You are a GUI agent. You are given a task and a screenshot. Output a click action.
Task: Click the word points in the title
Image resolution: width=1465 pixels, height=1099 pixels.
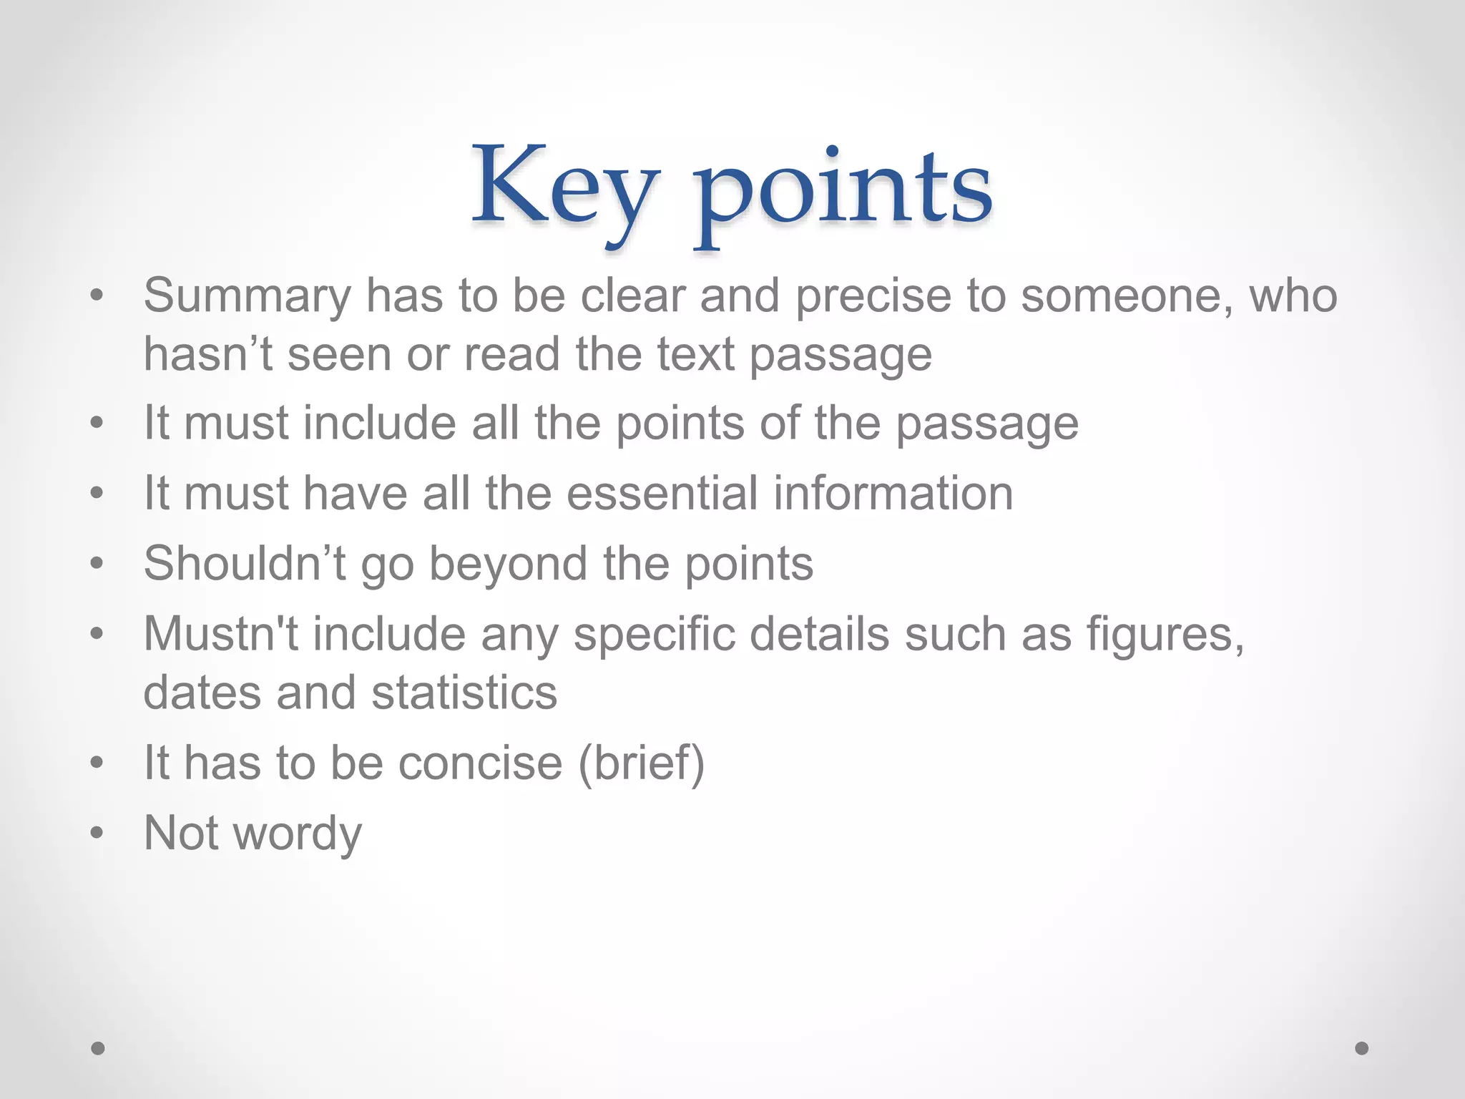click(x=844, y=192)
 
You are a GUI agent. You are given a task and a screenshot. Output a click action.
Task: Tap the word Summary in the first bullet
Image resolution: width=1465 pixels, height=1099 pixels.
click(x=248, y=296)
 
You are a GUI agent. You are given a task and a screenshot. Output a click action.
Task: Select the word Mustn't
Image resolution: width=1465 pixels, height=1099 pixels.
click(x=221, y=633)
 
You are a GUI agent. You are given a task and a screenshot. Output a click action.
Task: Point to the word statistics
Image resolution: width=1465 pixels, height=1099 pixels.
click(x=464, y=693)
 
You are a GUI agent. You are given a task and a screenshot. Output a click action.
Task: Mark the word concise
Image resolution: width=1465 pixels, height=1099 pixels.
click(x=480, y=762)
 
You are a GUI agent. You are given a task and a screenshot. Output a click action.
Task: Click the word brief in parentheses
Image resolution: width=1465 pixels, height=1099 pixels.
click(x=641, y=762)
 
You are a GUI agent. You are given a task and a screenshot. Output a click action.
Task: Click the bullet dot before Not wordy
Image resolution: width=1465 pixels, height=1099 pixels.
click(x=97, y=833)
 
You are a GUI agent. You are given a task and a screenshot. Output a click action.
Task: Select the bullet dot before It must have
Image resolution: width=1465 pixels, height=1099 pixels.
click(x=97, y=493)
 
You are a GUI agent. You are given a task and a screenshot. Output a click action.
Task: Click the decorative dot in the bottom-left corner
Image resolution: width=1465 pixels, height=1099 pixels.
click(x=98, y=1048)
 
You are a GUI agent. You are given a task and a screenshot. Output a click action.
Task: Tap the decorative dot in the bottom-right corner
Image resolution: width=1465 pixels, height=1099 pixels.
click(x=1362, y=1048)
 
